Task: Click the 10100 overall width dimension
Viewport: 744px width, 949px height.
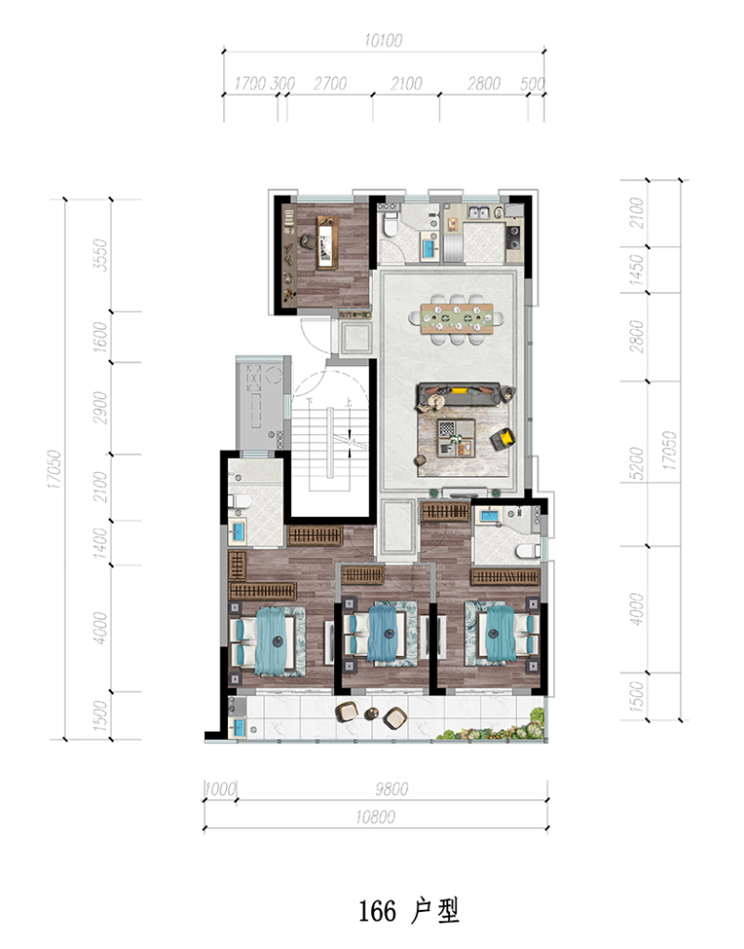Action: pyautogui.click(x=383, y=41)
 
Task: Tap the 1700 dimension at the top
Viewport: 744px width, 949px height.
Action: pyautogui.click(x=250, y=84)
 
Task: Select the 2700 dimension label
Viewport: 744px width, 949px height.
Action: pyautogui.click(x=330, y=84)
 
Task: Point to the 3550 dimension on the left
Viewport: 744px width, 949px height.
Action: pyautogui.click(x=100, y=255)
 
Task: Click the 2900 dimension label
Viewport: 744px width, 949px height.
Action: pyautogui.click(x=100, y=407)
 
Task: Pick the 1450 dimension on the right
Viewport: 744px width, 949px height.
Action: pyautogui.click(x=635, y=269)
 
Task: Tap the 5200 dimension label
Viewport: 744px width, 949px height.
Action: pyautogui.click(x=635, y=464)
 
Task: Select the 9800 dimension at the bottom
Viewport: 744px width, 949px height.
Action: pyautogui.click(x=392, y=789)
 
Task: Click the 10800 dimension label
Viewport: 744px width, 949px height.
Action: pyautogui.click(x=375, y=817)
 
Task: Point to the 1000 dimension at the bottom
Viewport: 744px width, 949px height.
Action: pyautogui.click(x=220, y=789)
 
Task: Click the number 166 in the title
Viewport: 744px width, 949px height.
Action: pyautogui.click(x=377, y=911)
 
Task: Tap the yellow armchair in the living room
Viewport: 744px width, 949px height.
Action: pyautogui.click(x=503, y=439)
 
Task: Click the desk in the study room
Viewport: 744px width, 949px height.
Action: pyautogui.click(x=327, y=242)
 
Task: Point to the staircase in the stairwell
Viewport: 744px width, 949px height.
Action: pyautogui.click(x=330, y=444)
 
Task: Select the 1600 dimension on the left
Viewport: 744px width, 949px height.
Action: pyautogui.click(x=100, y=337)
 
